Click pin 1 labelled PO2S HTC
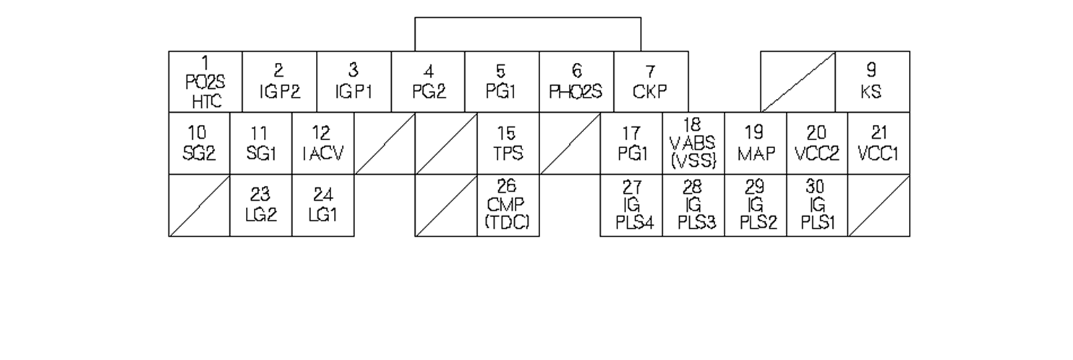[x=205, y=82]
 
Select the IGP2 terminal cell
[x=280, y=82]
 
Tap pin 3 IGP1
[x=354, y=82]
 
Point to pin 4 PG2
[x=428, y=82]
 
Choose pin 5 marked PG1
[x=502, y=82]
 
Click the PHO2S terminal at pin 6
[x=576, y=82]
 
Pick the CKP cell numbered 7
[x=651, y=82]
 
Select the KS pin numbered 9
[x=872, y=82]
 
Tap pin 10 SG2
[x=199, y=143]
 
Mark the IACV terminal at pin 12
[x=323, y=143]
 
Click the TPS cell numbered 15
[x=508, y=143]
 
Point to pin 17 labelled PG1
[x=631, y=143]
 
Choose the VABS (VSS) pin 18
[x=693, y=143]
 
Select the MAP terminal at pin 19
[x=756, y=143]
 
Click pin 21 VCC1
[x=879, y=143]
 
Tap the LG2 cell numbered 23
[x=261, y=205]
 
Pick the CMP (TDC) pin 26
[x=508, y=205]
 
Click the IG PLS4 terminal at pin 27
[x=631, y=205]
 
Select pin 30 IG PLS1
[x=817, y=205]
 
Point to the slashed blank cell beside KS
[x=798, y=82]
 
